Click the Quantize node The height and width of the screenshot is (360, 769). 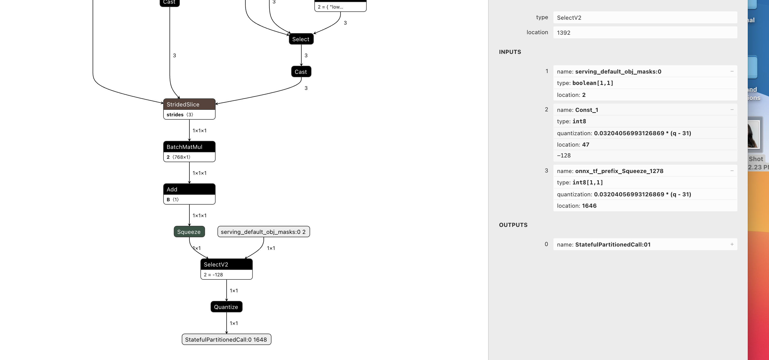point(226,307)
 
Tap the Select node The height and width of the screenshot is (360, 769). point(301,39)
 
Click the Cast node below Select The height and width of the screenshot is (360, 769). point(301,72)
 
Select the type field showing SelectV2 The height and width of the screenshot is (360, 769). point(645,18)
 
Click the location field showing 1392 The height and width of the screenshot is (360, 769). point(645,33)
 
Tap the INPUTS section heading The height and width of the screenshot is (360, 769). point(510,52)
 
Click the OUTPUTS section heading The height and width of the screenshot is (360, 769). point(513,225)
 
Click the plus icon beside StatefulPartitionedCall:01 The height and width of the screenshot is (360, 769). point(732,244)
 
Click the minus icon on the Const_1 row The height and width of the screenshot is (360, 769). point(732,110)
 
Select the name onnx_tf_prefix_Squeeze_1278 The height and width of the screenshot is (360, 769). point(619,171)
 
